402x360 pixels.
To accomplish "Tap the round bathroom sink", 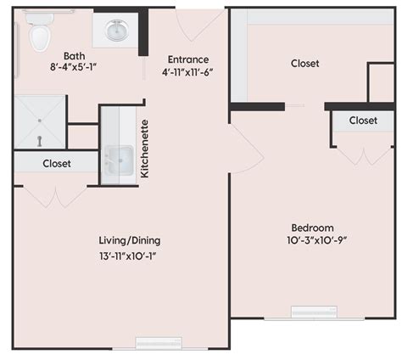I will pos(115,31).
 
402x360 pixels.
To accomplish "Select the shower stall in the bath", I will pos(39,121).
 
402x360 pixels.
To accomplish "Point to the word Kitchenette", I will pos(145,149).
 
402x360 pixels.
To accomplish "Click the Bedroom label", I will pos(312,227).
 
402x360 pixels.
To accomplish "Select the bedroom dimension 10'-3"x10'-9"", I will pos(312,240).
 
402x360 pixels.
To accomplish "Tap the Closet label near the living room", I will pos(56,162).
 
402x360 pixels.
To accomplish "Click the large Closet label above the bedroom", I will pos(305,63).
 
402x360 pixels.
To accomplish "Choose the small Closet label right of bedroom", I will pos(363,121).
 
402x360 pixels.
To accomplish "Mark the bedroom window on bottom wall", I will pos(313,312).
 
